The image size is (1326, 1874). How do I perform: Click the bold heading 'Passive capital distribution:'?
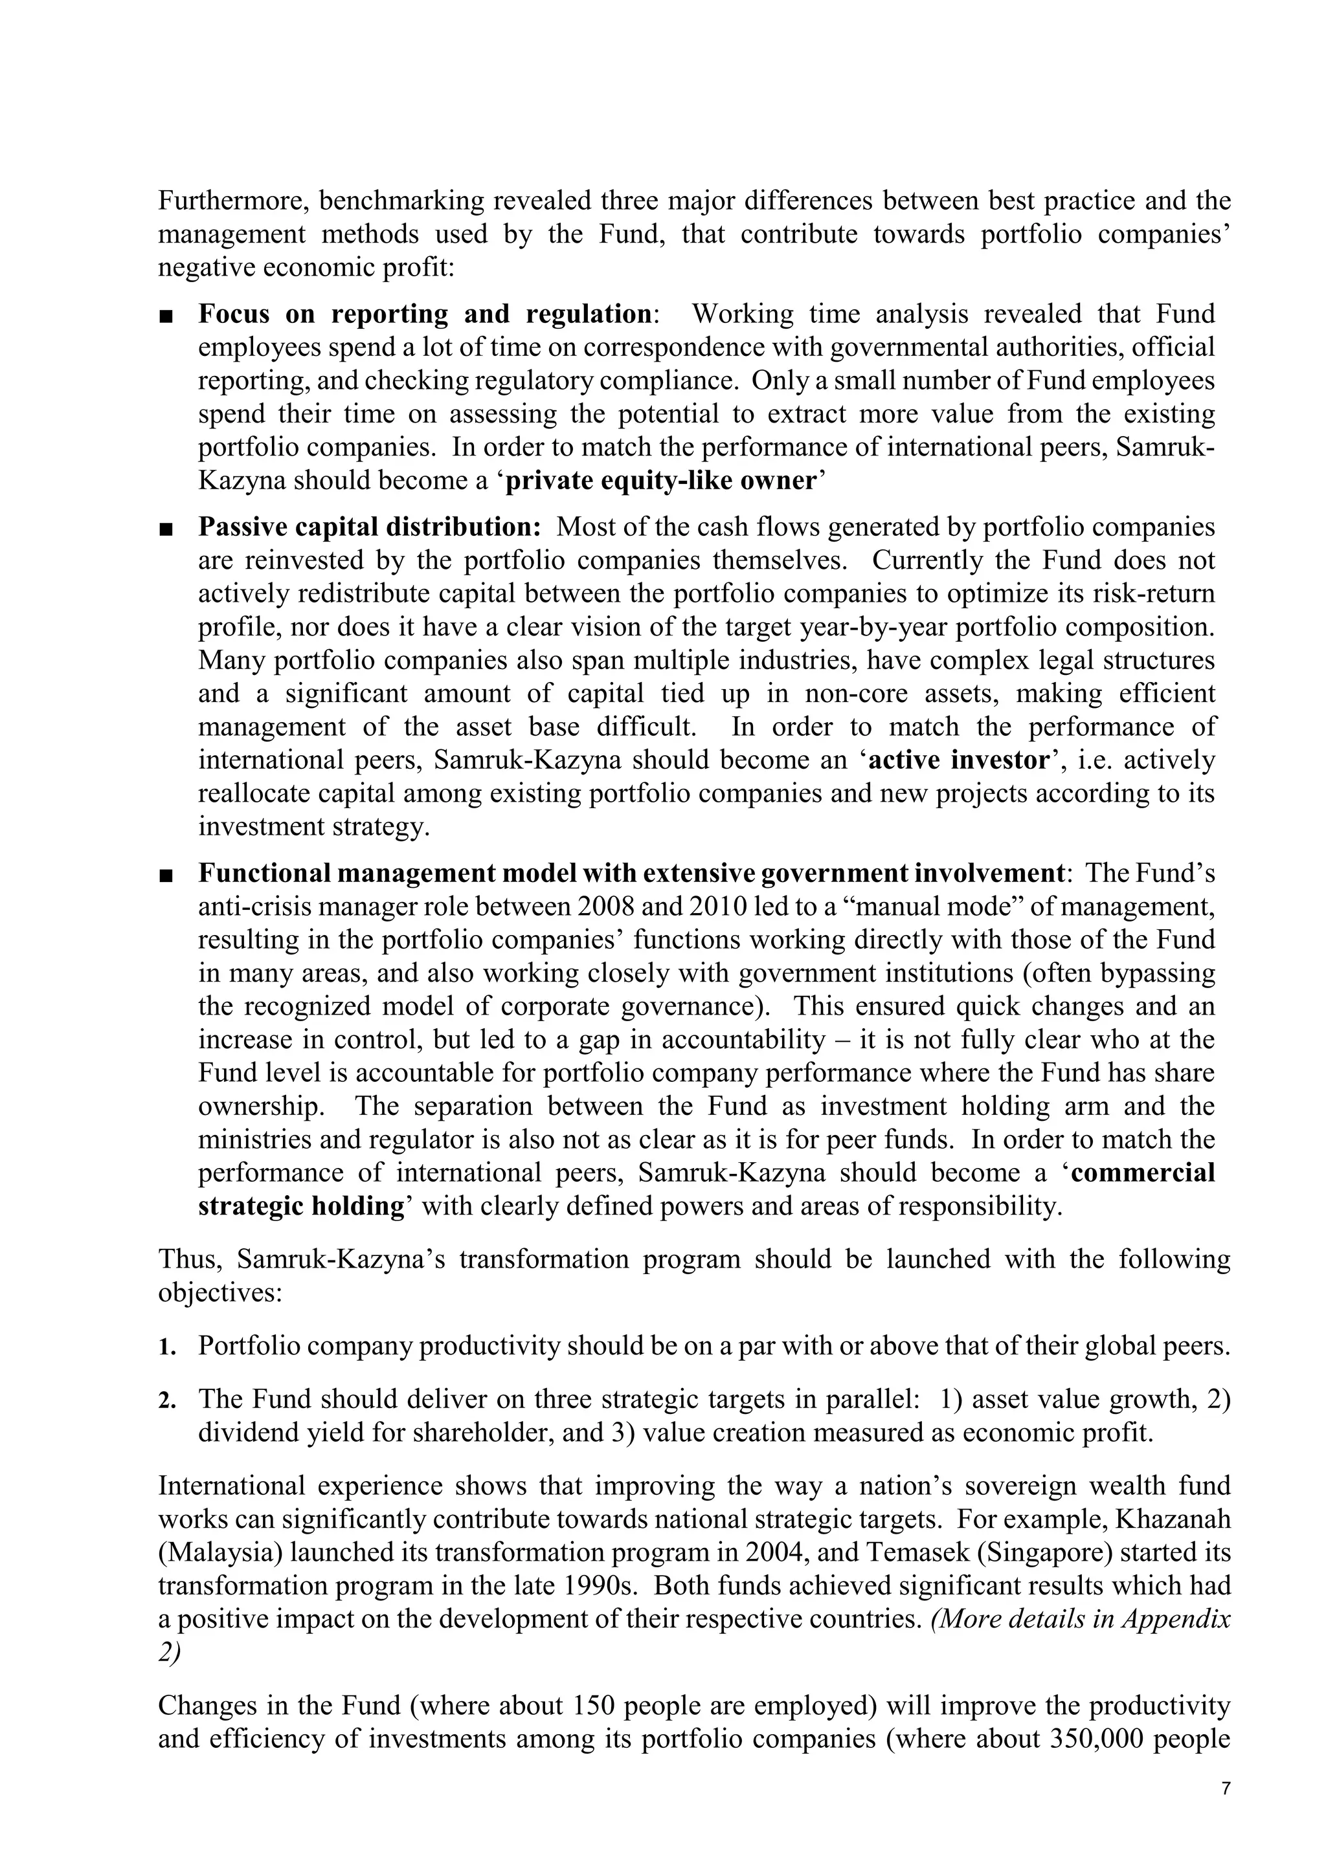[x=369, y=527]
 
